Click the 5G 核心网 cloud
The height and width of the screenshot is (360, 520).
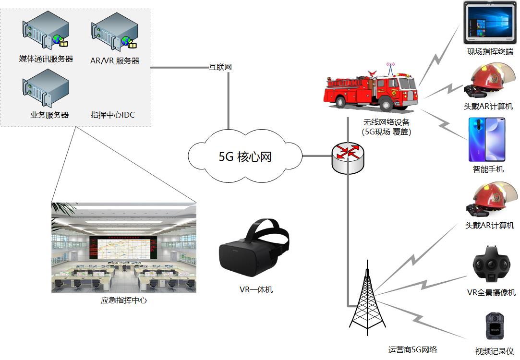[x=245, y=156]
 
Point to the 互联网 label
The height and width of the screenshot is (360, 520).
[x=220, y=67]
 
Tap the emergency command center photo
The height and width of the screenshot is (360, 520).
[x=123, y=248]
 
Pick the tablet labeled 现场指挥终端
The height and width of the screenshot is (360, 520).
[x=490, y=22]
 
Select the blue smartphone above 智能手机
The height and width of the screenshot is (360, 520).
[x=487, y=139]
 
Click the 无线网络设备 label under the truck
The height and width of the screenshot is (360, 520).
[x=387, y=123]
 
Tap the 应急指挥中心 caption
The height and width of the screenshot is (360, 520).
[x=123, y=300]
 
